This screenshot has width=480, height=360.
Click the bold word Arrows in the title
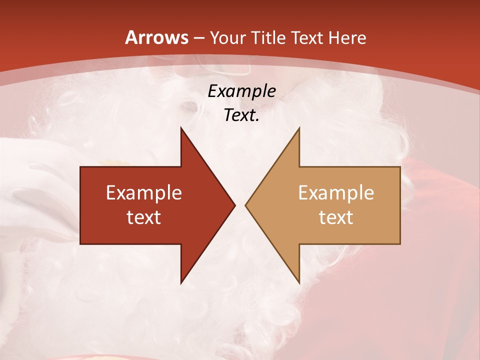[157, 37]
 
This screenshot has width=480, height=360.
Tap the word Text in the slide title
[307, 37]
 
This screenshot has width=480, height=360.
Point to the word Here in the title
[347, 37]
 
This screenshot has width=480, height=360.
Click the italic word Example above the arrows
[241, 91]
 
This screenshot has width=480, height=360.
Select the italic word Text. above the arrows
[241, 115]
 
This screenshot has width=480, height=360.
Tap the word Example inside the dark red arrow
[144, 192]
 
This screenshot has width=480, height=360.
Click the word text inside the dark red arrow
[144, 217]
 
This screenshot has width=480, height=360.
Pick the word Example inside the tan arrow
[336, 192]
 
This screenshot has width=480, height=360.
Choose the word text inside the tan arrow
[336, 217]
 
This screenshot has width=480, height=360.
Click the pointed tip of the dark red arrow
[234, 205]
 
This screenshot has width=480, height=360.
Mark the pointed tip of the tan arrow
[246, 205]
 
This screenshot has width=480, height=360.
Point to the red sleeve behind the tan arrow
[440, 210]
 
